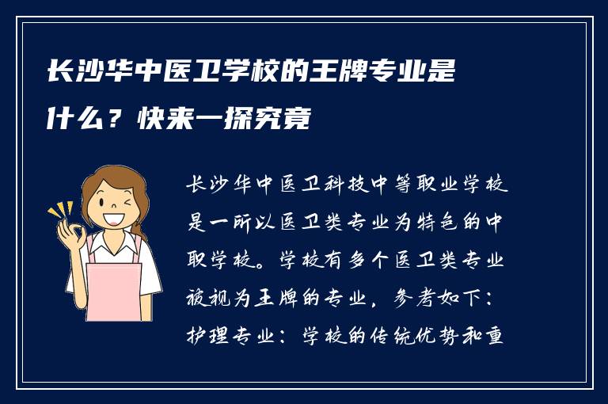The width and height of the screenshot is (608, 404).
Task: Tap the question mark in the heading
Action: (x=116, y=120)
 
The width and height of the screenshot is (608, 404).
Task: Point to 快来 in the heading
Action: (x=164, y=120)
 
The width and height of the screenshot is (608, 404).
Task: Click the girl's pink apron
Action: (x=112, y=289)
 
